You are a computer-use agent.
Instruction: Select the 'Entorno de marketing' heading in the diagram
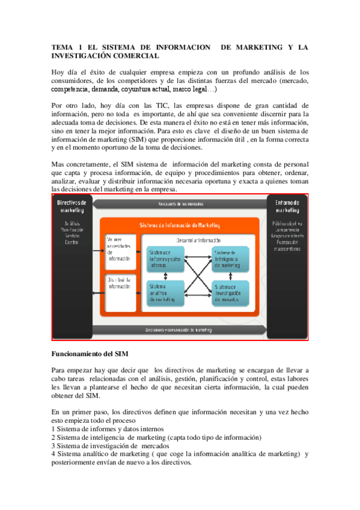pos(287,207)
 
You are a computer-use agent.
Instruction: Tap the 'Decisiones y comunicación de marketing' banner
pos(180,330)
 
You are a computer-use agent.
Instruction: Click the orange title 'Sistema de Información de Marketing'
pos(180,225)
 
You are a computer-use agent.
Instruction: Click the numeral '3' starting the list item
pos(54,446)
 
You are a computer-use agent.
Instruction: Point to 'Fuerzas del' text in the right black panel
pos(287,242)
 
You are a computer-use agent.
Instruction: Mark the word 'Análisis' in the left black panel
pos(71,223)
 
